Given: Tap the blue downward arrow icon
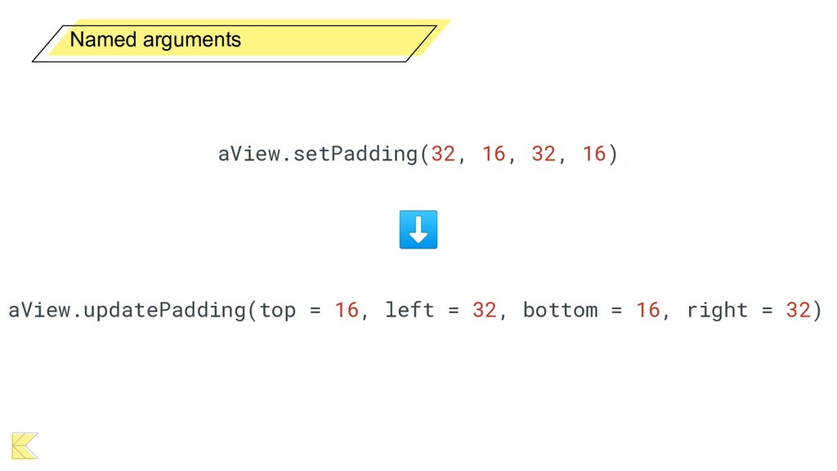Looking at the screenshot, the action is pyautogui.click(x=418, y=229).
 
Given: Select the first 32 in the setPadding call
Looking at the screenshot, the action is pyautogui.click(x=443, y=154).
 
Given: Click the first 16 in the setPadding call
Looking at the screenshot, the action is pyautogui.click(x=493, y=154).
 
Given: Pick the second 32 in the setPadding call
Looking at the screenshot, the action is pyautogui.click(x=544, y=154).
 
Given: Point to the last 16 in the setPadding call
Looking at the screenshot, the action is pyautogui.click(x=593, y=154).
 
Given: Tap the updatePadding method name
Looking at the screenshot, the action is pyautogui.click(x=171, y=310).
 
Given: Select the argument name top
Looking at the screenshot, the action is pyautogui.click(x=277, y=310).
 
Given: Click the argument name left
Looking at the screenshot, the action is pyautogui.click(x=409, y=310).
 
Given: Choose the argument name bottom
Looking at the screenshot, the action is pyautogui.click(x=560, y=310).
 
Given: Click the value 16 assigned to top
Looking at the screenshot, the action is pyautogui.click(x=347, y=310).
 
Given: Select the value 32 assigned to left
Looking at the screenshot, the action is pyautogui.click(x=484, y=310).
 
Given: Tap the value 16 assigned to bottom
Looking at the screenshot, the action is pyautogui.click(x=647, y=310).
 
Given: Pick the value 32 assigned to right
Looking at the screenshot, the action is pyautogui.click(x=798, y=310).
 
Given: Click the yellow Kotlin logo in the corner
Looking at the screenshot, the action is pyautogui.click(x=25, y=445).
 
